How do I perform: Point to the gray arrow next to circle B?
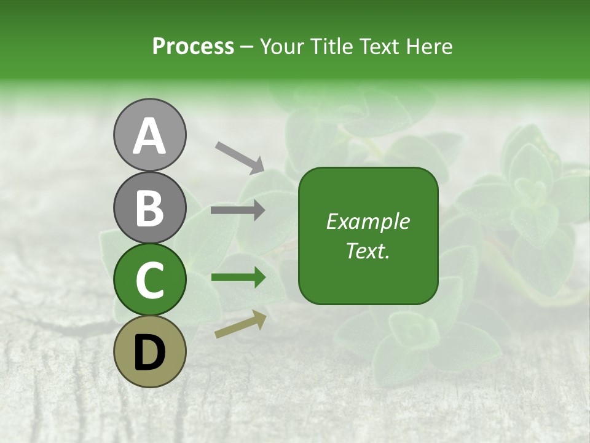pyautogui.click(x=238, y=210)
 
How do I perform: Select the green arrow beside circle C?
pyautogui.click(x=238, y=278)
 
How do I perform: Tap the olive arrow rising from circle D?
pyautogui.click(x=240, y=325)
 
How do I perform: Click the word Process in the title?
pyautogui.click(x=193, y=47)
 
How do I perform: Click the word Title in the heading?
pyautogui.click(x=331, y=47)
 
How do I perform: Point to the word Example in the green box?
pyautogui.click(x=368, y=221)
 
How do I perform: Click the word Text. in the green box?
pyautogui.click(x=368, y=250)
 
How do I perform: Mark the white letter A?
pyautogui.click(x=149, y=137)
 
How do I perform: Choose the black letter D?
pyautogui.click(x=149, y=353)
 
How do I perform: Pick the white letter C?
pyautogui.click(x=149, y=280)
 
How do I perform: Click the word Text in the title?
pyautogui.click(x=380, y=47)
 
